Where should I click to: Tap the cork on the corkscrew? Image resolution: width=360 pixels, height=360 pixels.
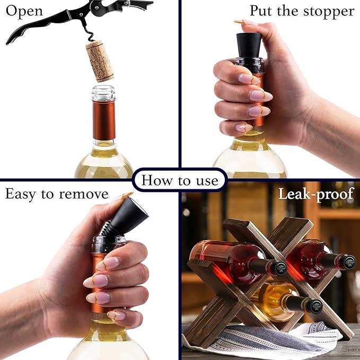pos(100,61)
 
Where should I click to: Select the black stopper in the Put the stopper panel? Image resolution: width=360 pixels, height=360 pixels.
pos(248,45)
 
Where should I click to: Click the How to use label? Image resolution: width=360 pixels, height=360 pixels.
pos(180,181)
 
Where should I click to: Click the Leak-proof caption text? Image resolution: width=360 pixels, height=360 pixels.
pos(316,194)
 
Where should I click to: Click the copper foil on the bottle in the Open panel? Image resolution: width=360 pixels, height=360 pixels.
pos(104,120)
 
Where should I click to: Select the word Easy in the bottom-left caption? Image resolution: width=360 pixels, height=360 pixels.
pos(21,194)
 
